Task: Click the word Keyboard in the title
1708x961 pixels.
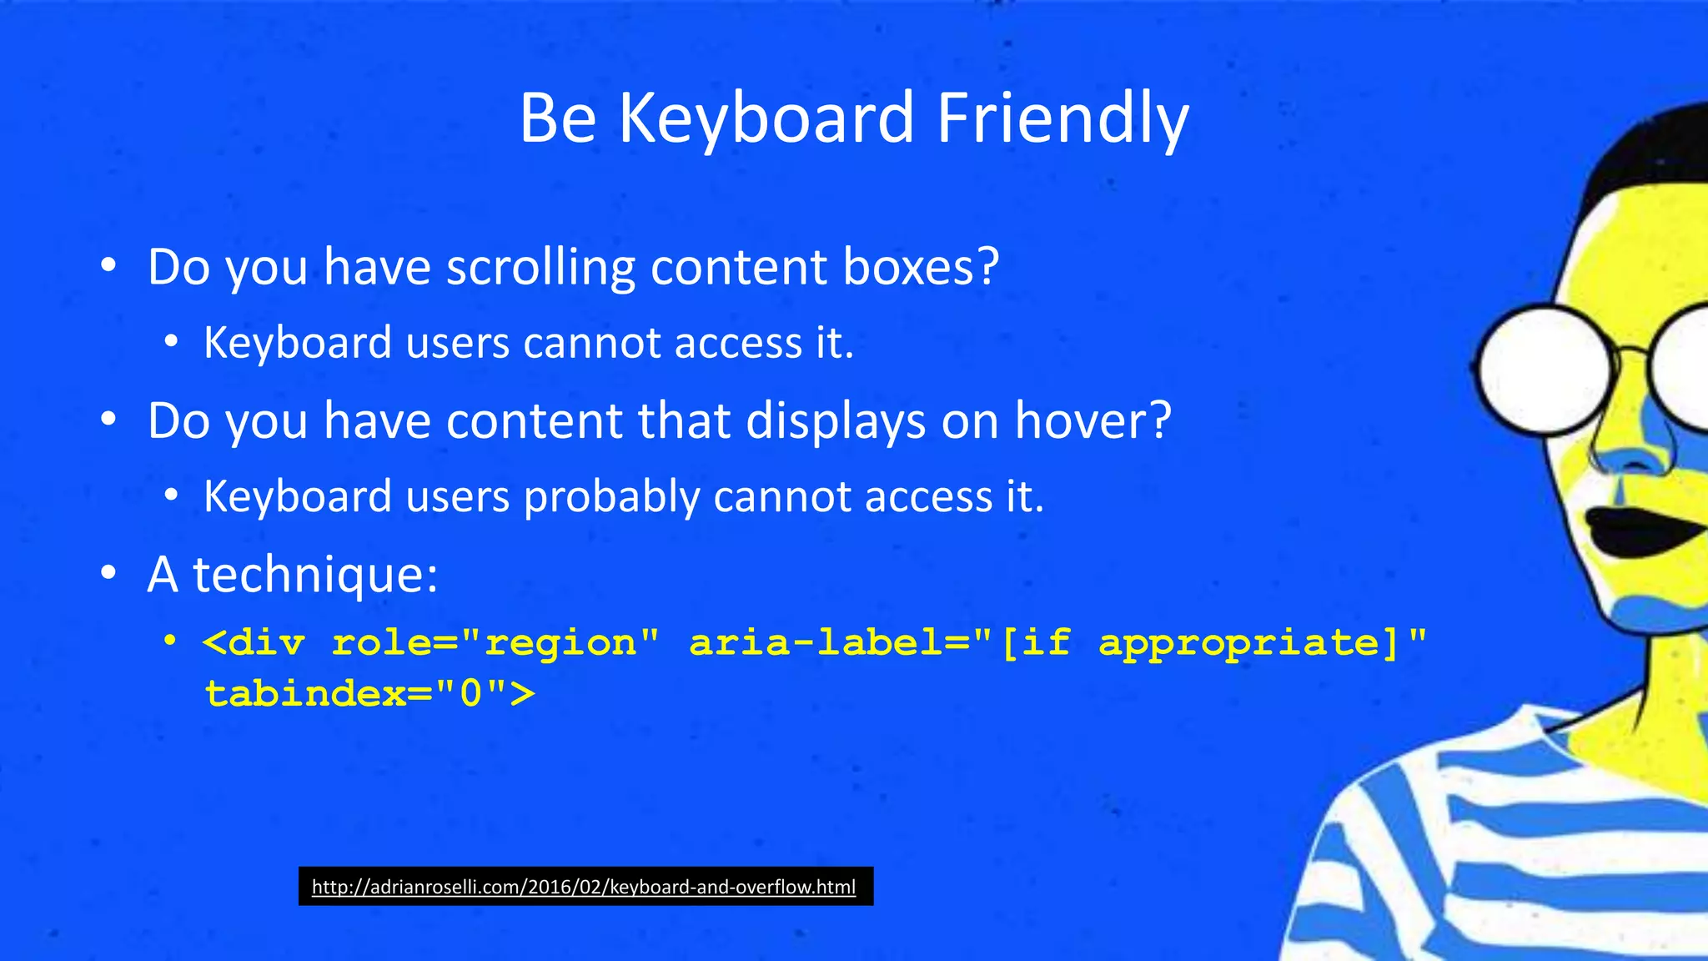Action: [x=766, y=118]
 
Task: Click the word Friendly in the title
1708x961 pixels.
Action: [x=1062, y=118]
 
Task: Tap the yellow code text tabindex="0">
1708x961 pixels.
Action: [x=369, y=693]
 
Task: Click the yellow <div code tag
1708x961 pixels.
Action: [x=254, y=642]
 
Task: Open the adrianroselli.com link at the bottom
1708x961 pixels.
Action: [x=584, y=887]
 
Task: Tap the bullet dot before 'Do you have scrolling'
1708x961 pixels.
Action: [x=108, y=267]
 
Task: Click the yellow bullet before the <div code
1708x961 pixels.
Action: [x=170, y=642]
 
